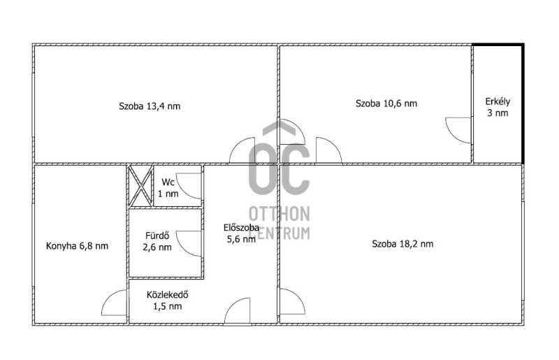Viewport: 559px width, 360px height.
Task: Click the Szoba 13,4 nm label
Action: coord(150,106)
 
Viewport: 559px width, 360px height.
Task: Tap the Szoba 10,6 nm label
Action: coord(386,103)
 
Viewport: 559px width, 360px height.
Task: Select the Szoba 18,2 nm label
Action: coord(402,244)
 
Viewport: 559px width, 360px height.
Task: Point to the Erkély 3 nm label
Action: coord(498,108)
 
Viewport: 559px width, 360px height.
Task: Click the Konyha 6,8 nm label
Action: coord(77,246)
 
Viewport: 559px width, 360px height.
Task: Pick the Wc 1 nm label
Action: coord(168,188)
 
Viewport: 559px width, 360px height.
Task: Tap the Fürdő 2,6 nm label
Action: coord(157,242)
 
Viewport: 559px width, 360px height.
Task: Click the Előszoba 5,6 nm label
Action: coord(241,233)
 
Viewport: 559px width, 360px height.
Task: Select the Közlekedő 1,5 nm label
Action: coord(168,301)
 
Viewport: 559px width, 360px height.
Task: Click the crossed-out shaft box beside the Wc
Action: coord(141,185)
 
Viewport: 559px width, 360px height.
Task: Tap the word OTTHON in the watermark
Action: coord(279,214)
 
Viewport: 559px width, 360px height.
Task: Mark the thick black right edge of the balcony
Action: coord(523,104)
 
